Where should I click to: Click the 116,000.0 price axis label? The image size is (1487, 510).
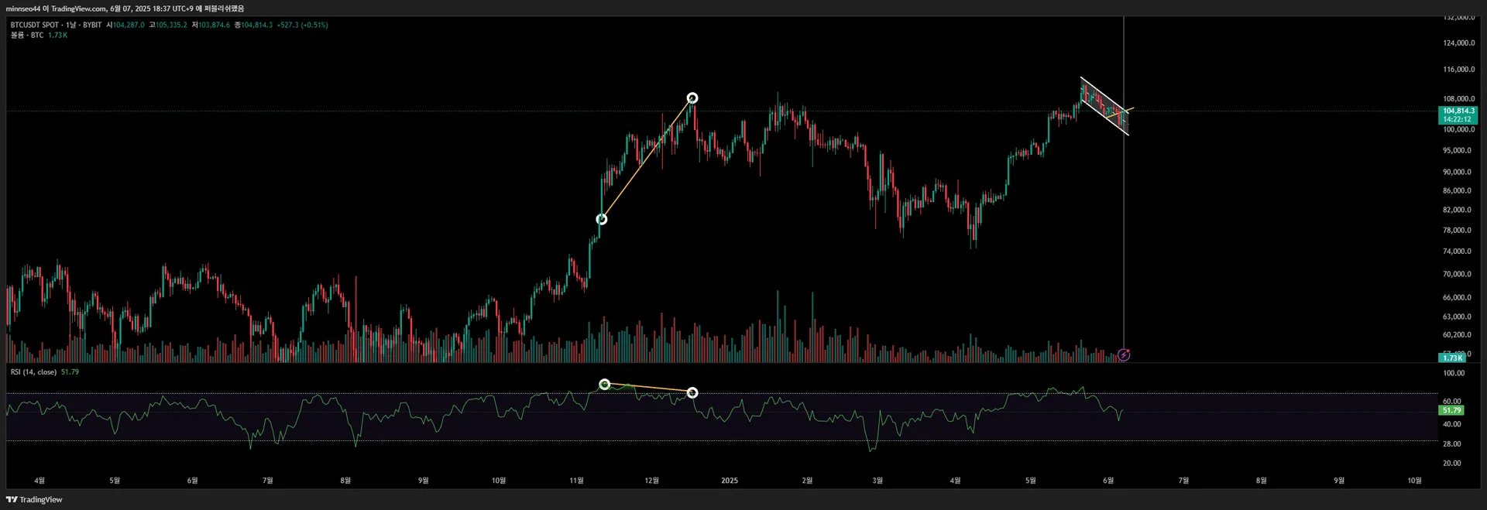[x=1458, y=70]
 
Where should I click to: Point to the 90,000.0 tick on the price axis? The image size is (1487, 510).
[x=1458, y=172]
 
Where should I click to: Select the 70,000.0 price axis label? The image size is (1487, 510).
[x=1458, y=274]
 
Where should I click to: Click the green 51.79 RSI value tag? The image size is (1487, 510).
[x=1451, y=410]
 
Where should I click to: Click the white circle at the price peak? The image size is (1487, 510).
[x=692, y=98]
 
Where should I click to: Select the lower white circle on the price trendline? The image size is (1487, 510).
[x=602, y=220]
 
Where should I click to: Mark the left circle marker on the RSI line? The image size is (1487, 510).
[x=605, y=385]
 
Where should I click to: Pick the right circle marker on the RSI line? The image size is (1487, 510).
[x=692, y=393]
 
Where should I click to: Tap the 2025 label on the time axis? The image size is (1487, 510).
[x=730, y=481]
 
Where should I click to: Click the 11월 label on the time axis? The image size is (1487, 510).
[x=576, y=481]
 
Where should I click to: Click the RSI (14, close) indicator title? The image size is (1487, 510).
[x=33, y=372]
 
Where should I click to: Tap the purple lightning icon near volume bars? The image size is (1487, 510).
[x=1124, y=355]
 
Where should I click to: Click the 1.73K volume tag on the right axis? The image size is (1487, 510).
[x=1452, y=358]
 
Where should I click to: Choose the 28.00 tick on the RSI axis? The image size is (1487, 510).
[x=1452, y=444]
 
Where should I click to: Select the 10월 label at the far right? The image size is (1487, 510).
[x=1414, y=481]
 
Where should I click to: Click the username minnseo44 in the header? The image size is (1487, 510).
[x=23, y=9]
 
